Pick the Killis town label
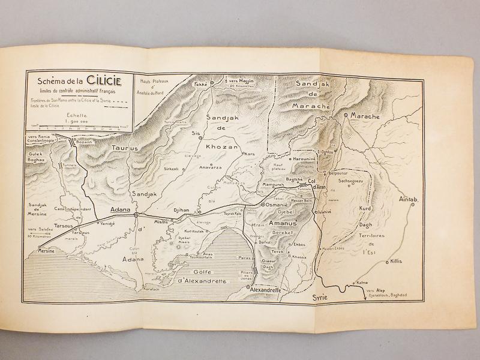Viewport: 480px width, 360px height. coord(396,262)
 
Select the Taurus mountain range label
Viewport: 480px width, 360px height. coord(125,147)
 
